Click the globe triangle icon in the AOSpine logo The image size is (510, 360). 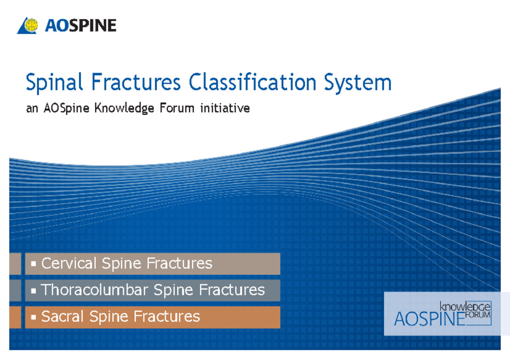coord(28,26)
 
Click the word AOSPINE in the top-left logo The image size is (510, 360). coord(80,26)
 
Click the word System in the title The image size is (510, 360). coord(357,82)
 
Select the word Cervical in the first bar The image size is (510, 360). coord(69,264)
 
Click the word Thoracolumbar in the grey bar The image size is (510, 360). coord(94,290)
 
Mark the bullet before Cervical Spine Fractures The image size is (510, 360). coord(33,264)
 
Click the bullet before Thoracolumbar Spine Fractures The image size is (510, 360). coord(33,291)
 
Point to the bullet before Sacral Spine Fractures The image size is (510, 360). coord(33,317)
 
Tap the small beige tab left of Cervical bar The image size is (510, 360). coord(15,264)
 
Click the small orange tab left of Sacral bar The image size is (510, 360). coord(15,317)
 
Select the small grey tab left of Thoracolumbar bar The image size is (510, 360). coord(15,290)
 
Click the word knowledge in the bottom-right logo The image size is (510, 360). coord(465,306)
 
